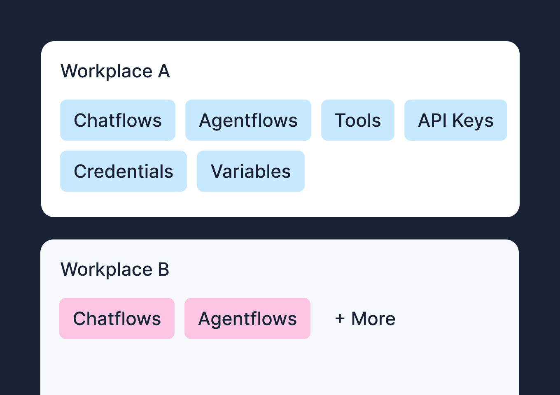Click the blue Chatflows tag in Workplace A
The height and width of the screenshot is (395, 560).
pos(118,120)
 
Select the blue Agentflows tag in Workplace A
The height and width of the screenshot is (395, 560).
pos(248,120)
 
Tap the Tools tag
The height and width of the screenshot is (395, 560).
pos(357,120)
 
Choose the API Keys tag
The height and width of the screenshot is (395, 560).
pos(455,120)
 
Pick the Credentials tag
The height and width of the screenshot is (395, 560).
pos(123,171)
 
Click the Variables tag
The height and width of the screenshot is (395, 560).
pos(250,171)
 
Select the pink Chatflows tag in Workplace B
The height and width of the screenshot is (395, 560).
pos(117,318)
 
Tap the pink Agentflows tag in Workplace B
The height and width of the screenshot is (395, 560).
pos(247,318)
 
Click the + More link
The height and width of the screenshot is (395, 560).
pos(365,318)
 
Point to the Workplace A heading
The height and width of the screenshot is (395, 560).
pos(115,71)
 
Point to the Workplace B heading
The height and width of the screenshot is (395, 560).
pos(115,270)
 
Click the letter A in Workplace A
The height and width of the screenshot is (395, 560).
pos(164,71)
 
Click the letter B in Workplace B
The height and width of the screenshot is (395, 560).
pos(163,270)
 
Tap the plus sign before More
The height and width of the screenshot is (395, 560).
pos(340,318)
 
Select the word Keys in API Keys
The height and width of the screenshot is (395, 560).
pos(473,121)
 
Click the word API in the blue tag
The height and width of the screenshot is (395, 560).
pos(432,120)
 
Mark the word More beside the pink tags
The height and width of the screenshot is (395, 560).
pos(373,318)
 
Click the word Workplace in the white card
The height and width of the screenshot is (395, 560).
pos(107,72)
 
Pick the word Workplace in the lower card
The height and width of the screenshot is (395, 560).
pos(107,270)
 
